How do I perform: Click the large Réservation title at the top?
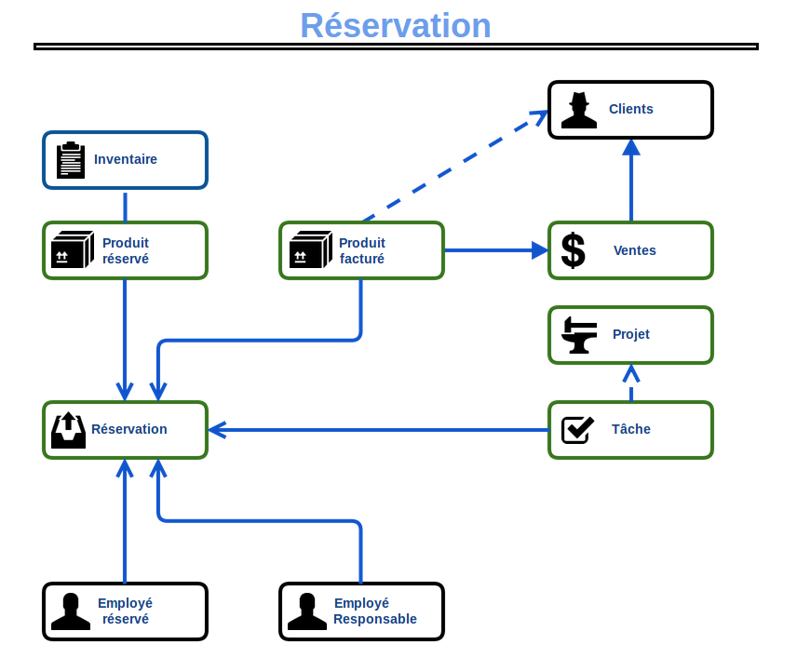[396, 26]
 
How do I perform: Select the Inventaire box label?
[126, 159]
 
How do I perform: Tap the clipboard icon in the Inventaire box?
[71, 160]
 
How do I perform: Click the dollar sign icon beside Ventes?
[574, 250]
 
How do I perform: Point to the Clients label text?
[631, 109]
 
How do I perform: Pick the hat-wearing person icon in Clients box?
[578, 110]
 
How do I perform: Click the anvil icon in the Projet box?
[579, 335]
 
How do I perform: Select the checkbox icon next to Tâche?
[578, 429]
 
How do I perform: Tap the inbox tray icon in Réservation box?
[68, 430]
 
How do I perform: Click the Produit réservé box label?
[126, 250]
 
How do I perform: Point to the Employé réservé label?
[126, 611]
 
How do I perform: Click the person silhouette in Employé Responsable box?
[306, 611]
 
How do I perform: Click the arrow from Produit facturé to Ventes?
[493, 250]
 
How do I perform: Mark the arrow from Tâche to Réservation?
[372, 430]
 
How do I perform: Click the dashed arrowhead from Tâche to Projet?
[631, 374]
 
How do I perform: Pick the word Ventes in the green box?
[635, 250]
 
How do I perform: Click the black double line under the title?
[396, 46]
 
